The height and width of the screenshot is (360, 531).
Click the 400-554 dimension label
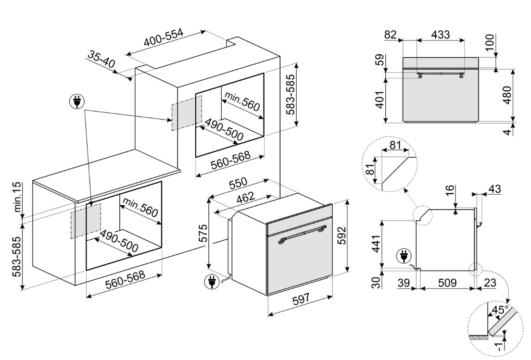click(x=163, y=41)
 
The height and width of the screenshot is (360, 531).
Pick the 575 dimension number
click(x=204, y=233)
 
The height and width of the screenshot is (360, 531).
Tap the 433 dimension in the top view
click(x=441, y=35)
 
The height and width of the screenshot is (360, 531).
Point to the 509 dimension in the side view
click(x=447, y=284)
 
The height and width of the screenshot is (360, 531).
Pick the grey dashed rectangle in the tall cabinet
click(x=186, y=112)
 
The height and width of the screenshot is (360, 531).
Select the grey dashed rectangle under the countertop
click(x=86, y=221)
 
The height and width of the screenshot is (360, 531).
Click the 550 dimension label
click(x=238, y=183)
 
